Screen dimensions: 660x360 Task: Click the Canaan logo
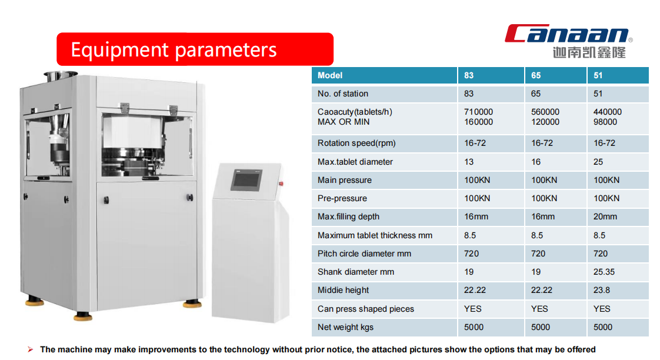click(569, 41)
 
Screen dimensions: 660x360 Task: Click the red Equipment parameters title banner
click(195, 49)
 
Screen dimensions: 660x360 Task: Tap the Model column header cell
click(384, 75)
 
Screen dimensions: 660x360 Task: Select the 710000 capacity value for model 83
click(478, 112)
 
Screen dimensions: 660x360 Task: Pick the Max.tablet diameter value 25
click(598, 162)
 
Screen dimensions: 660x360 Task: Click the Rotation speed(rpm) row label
click(356, 143)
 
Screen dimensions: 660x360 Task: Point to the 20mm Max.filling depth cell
click(605, 217)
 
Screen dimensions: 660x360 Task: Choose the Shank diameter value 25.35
click(604, 272)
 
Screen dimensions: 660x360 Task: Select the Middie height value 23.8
click(602, 290)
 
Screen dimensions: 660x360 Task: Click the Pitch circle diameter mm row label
click(364, 254)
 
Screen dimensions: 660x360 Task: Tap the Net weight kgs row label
click(345, 327)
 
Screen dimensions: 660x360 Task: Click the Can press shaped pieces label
click(365, 309)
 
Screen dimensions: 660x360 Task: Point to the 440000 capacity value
click(608, 112)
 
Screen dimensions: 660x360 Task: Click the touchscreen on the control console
click(246, 180)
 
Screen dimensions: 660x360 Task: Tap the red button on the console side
click(281, 184)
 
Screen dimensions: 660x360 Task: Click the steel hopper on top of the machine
click(60, 76)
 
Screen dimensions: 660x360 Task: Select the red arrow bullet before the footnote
click(31, 349)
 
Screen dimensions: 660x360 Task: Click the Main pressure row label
click(344, 180)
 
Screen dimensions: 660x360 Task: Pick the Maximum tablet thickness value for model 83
click(470, 236)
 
